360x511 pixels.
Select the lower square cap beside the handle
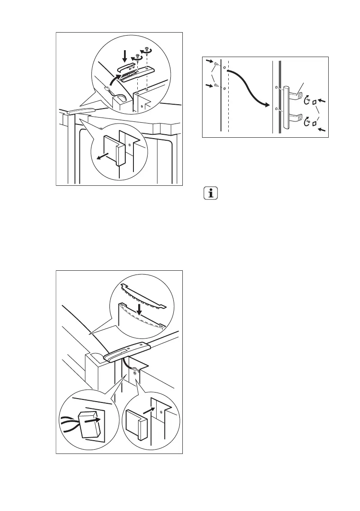click(314, 124)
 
